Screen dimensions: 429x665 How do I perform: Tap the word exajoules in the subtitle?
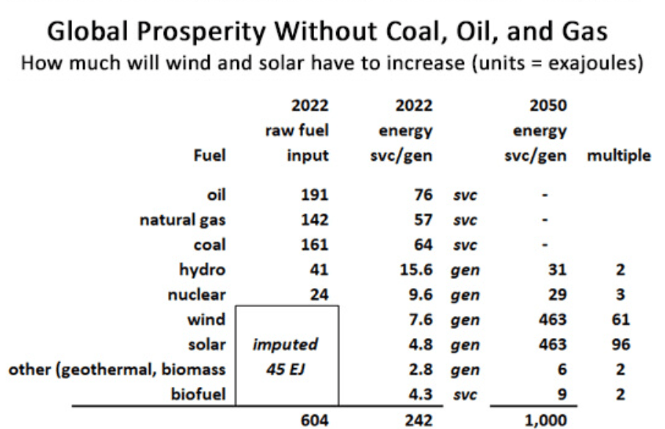577,62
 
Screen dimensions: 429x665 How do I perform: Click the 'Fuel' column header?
210,156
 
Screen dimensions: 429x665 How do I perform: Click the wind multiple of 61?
621,320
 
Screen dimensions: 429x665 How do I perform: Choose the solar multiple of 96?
621,345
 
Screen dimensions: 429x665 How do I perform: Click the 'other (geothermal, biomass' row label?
116,370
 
